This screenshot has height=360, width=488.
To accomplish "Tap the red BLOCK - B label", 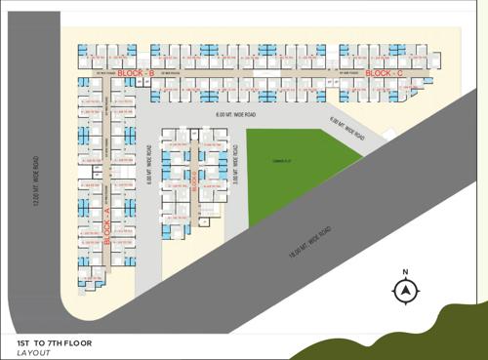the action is click(x=137, y=74).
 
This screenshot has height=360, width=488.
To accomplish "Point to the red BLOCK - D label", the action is click(x=196, y=179).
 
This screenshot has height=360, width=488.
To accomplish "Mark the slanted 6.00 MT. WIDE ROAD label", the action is click(x=347, y=127).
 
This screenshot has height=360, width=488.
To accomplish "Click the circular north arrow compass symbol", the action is click(x=405, y=291).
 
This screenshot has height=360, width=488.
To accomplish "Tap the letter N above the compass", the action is click(x=405, y=272).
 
